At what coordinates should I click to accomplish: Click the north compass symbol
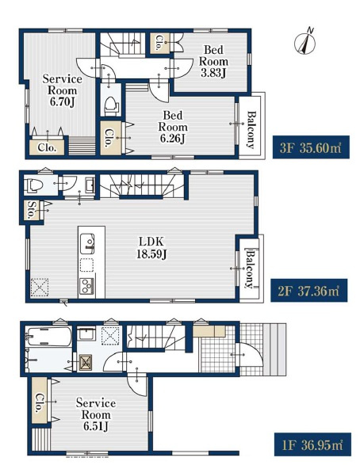[305, 41]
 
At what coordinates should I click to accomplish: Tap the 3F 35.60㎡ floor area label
[311, 147]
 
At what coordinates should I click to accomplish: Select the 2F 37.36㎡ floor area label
[309, 291]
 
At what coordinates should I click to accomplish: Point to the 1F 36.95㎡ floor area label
[312, 444]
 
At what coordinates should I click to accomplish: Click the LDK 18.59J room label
[151, 248]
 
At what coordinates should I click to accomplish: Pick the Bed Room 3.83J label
[213, 61]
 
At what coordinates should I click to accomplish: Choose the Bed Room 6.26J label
[173, 127]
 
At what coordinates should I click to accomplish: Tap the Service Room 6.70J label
[63, 90]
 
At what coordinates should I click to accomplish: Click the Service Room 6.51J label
[96, 414]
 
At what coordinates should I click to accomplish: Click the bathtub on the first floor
[49, 336]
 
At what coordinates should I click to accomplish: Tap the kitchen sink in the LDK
[87, 244]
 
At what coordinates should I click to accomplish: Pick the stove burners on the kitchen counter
[86, 286]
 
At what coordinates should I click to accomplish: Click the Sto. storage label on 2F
[30, 210]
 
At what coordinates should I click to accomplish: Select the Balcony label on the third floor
[251, 130]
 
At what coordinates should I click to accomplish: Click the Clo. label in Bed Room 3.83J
[159, 43]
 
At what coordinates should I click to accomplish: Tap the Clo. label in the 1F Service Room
[39, 403]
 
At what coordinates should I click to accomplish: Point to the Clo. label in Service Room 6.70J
[47, 147]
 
